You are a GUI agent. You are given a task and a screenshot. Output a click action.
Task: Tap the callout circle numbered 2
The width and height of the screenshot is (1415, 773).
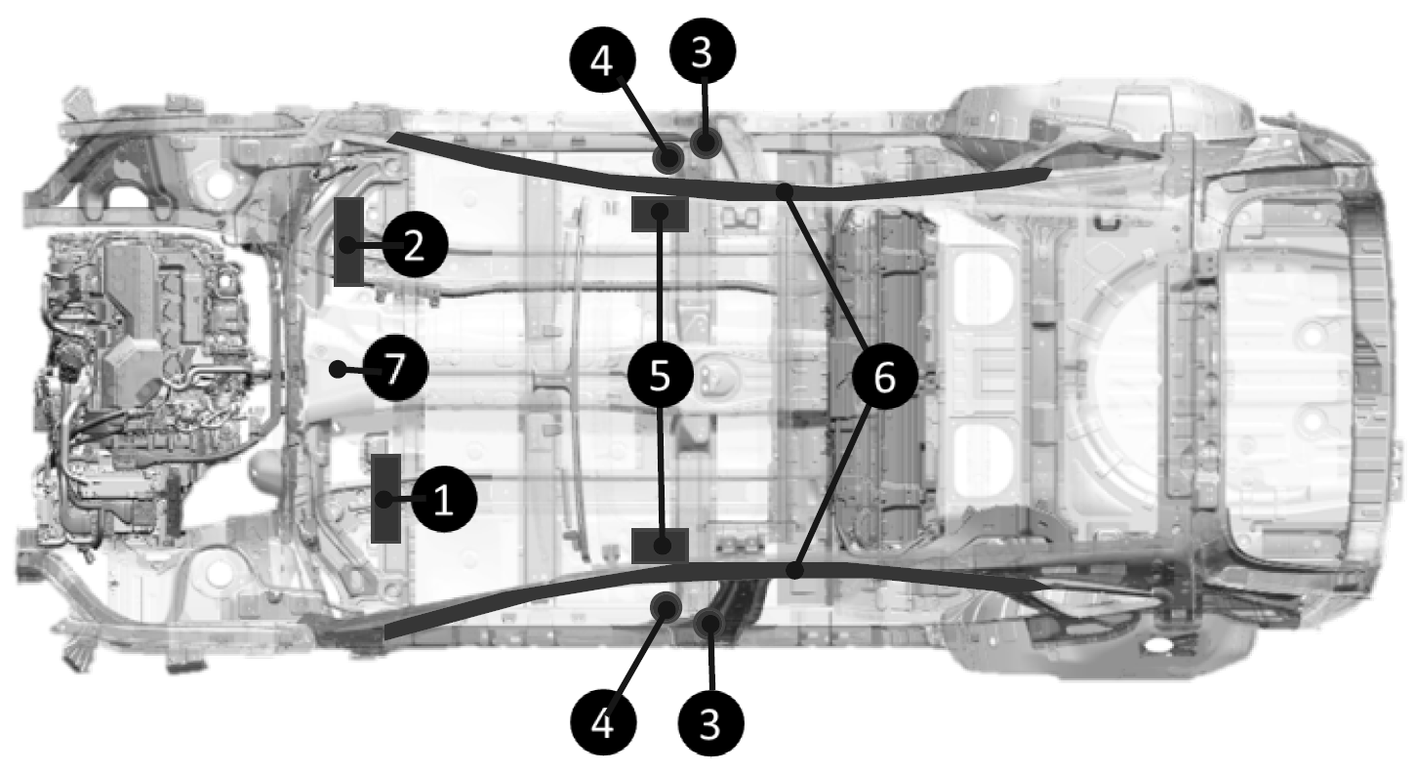point(415,245)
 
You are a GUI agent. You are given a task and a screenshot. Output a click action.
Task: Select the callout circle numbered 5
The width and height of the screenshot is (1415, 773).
point(660,375)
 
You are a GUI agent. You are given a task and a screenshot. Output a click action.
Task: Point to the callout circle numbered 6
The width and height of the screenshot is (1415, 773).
point(884,377)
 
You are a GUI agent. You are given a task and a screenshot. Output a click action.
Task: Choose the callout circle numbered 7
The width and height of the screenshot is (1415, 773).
point(395,368)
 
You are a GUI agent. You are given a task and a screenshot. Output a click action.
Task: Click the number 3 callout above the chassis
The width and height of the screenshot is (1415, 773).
point(703,51)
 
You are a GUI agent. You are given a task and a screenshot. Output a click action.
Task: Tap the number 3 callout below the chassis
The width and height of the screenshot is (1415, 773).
point(710,724)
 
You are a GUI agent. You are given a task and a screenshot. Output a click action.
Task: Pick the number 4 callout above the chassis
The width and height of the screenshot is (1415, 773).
point(602,60)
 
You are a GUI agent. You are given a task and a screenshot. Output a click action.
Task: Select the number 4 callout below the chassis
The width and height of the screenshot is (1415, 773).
point(603,722)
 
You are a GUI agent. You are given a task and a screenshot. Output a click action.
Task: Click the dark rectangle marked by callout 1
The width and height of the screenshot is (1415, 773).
point(385,499)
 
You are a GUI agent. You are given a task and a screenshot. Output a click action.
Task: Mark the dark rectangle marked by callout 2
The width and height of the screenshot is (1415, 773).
point(348,242)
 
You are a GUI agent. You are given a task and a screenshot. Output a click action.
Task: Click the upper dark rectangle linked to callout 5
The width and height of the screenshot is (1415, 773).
point(660,214)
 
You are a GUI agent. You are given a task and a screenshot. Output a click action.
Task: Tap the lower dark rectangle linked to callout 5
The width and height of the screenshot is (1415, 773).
point(660,546)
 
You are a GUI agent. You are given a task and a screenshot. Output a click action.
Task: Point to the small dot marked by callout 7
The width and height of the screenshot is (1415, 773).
point(339,369)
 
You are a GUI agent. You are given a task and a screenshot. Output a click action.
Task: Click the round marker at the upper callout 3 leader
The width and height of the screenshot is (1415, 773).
point(706,142)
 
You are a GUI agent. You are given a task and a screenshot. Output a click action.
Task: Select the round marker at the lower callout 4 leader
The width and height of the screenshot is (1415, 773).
point(667,607)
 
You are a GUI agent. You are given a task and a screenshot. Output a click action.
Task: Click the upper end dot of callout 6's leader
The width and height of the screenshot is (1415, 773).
point(785,190)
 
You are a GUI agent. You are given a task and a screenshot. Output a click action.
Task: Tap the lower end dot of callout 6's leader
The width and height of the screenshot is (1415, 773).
point(795,570)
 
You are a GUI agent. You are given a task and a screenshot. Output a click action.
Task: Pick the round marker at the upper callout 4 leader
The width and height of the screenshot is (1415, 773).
point(667,158)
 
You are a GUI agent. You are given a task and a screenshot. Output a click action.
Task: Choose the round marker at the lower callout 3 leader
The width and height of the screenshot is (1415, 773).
point(708,624)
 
